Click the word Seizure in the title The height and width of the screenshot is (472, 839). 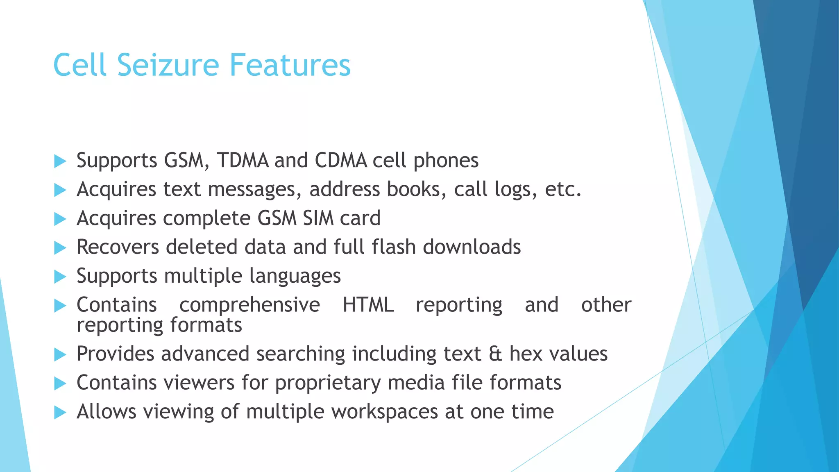tap(168, 65)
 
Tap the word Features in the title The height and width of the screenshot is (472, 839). tap(290, 65)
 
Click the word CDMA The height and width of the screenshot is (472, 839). tap(341, 160)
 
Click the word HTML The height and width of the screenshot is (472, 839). tap(368, 305)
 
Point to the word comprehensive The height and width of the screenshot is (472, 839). tap(249, 305)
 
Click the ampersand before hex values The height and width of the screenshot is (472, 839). tap(495, 354)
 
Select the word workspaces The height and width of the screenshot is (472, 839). tap(385, 412)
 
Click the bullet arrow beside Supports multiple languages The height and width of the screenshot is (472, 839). tap(60, 277)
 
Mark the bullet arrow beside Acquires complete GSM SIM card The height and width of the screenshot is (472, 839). tap(60, 219)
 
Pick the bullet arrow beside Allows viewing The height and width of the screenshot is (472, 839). tap(60, 412)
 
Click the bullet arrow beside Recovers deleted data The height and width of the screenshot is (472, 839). tap(60, 248)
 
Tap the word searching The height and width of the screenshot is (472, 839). tap(301, 354)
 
